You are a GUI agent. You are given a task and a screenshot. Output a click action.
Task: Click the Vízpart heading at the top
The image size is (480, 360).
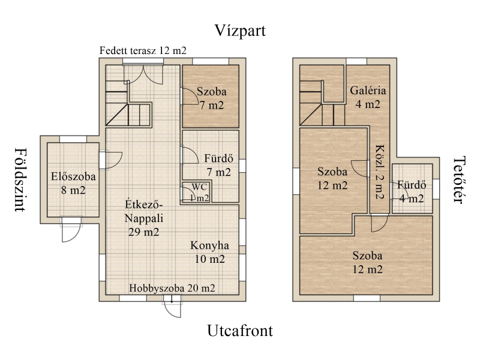coord(240,31)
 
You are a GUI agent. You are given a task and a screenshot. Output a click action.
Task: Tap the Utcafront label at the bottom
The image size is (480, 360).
coord(240,331)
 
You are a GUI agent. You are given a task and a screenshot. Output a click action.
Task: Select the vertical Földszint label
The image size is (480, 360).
coord(20,179)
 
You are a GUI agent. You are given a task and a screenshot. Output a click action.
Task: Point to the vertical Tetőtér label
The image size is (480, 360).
coord(459,179)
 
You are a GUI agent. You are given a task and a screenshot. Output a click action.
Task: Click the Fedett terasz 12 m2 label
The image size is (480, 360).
coord(143,50)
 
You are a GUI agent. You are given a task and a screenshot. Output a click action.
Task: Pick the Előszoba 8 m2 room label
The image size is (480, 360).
coord(73,184)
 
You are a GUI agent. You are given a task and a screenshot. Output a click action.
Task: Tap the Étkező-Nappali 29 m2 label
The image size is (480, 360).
coord(144,218)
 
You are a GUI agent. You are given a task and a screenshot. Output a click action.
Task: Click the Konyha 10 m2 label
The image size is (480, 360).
coord(209,252)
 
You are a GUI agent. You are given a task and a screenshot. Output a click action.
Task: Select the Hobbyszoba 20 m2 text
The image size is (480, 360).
coord(172,288)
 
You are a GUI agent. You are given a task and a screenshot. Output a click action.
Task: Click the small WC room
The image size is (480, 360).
coord(196,192)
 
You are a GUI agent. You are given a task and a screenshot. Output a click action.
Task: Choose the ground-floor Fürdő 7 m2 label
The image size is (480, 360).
coord(218,166)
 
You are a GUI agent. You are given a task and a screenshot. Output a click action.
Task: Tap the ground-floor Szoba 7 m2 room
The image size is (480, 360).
coord(211,96)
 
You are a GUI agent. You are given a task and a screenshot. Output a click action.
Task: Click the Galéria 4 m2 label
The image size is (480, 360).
coord(368,97)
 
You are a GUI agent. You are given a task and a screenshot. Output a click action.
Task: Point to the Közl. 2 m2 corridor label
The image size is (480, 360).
coord(380,172)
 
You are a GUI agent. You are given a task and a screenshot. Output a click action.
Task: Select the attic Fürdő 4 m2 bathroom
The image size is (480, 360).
coord(412,188)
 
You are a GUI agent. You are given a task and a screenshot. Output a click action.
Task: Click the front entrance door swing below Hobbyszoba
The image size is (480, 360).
coord(172,306)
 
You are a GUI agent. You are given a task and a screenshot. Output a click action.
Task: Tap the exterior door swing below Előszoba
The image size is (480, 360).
coord(71,230)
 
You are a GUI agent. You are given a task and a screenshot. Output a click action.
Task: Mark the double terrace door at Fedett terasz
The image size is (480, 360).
coord(143,74)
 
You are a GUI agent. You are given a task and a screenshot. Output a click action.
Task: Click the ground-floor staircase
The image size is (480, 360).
coord(128,103)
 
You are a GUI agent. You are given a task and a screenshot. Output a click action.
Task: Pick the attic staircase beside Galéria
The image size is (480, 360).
coord(322,103)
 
